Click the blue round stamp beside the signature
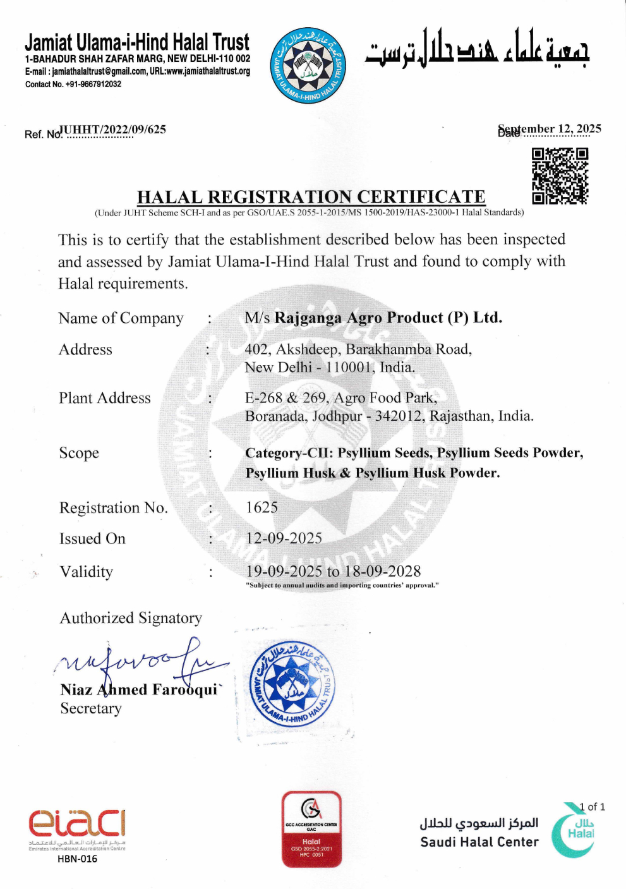click(292, 684)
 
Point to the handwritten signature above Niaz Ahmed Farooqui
click(142, 663)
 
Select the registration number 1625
click(262, 507)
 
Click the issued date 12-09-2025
click(284, 538)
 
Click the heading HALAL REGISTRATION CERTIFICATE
click(311, 197)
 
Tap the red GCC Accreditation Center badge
click(311, 828)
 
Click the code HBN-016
click(77, 859)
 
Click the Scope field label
click(79, 453)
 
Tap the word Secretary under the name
click(91, 709)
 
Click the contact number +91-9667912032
click(73, 84)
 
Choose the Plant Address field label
click(105, 398)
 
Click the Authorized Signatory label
click(131, 618)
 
